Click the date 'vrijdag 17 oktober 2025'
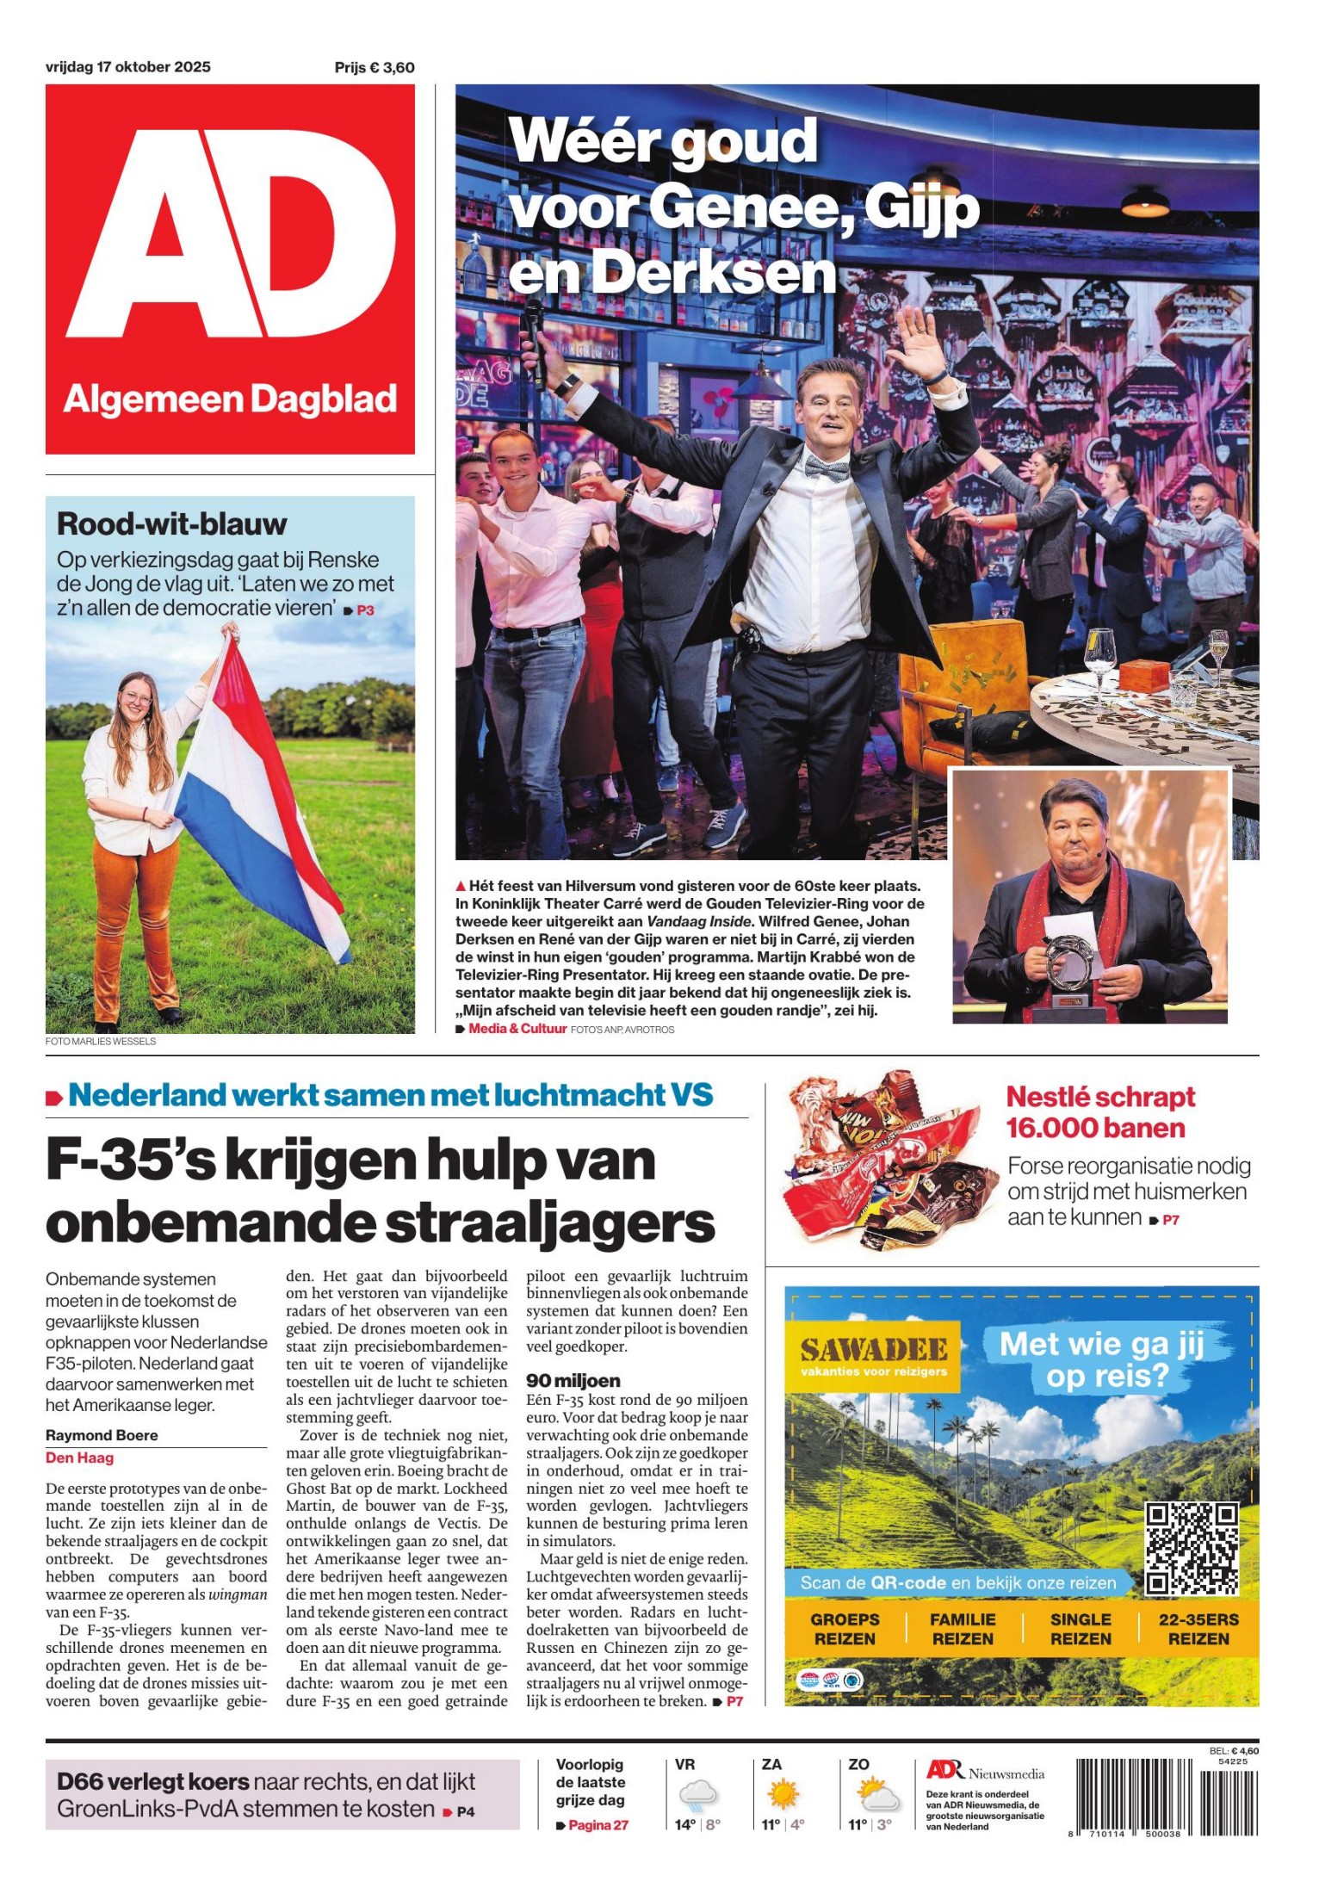127,67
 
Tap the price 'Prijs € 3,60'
375,68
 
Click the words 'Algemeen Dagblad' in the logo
230,399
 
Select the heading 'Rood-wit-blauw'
171,523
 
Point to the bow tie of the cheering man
826,467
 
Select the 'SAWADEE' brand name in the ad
874,1349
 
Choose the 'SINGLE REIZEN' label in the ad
1081,1628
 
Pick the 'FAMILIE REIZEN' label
963,1628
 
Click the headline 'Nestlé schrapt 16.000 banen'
1099,1112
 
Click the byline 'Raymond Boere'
102,1435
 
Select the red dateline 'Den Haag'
79,1458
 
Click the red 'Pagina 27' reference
598,1825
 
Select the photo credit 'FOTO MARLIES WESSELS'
101,1042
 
